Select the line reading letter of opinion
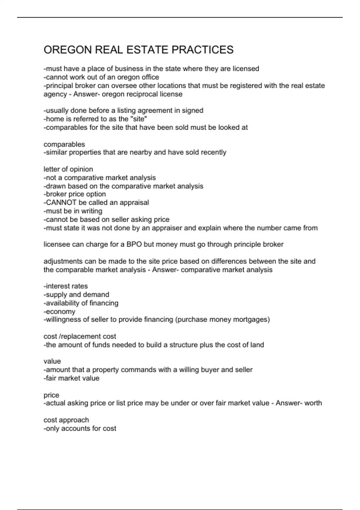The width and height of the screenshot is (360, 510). click(x=68, y=169)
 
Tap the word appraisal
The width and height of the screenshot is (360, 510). click(x=134, y=202)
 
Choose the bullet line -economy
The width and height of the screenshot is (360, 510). click(x=59, y=311)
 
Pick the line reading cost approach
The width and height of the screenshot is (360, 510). click(x=66, y=420)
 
